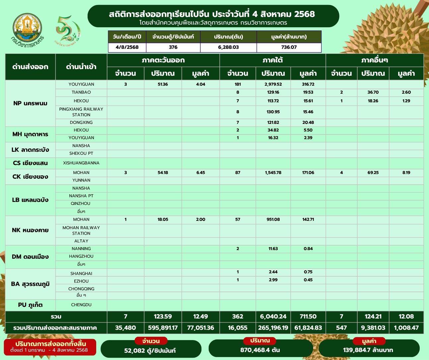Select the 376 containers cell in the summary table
[173, 47]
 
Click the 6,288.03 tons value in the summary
[228, 47]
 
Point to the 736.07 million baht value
[289, 47]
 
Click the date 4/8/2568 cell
[127, 47]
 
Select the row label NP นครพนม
[31, 103]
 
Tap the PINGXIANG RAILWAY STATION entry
[81, 112]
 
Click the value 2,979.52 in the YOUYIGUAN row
[273, 84]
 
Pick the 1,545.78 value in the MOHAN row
[273, 173]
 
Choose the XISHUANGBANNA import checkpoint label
[81, 163]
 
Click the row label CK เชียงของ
[31, 176]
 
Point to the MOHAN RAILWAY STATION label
[81, 230]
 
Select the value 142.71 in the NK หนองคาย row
[308, 220]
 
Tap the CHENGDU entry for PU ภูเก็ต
[81, 305]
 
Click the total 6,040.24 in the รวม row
[273, 316]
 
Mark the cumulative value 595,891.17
[163, 328]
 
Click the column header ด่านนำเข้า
[81, 67]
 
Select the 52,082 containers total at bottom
[151, 350]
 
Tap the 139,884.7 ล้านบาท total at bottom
[368, 350]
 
